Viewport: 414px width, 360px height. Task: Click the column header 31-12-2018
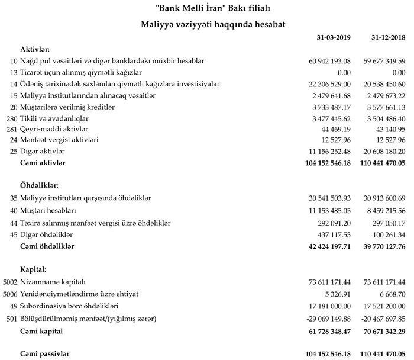[x=387, y=38]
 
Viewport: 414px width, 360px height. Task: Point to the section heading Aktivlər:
[x=34, y=49]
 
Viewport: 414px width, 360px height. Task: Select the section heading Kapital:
[x=33, y=269]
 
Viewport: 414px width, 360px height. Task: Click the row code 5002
[x=10, y=282]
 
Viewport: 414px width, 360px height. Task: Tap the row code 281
[x=11, y=128]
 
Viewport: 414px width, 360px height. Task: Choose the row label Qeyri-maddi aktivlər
[x=55, y=128]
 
